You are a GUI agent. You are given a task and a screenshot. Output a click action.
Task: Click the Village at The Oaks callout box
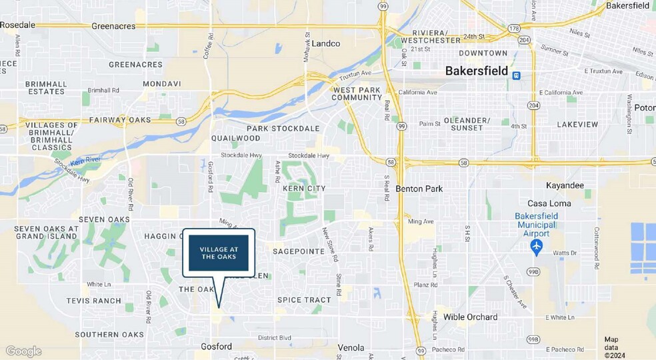click(x=219, y=253)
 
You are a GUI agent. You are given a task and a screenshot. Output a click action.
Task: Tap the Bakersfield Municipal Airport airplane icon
click(x=537, y=247)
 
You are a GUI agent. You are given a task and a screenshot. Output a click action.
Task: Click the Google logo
click(x=23, y=351)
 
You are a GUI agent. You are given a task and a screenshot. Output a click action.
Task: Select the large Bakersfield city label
click(x=476, y=71)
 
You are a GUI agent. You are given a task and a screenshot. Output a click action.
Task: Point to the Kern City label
click(x=303, y=189)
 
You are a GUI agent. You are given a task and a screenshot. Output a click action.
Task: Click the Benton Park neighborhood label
click(x=419, y=189)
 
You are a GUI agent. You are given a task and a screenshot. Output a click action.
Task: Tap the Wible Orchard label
click(x=470, y=317)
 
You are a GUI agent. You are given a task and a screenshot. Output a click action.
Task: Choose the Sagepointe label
click(x=298, y=251)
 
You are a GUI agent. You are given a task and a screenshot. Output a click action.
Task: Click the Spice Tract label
click(x=304, y=300)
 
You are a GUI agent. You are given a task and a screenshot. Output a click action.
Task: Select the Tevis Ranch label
click(x=93, y=301)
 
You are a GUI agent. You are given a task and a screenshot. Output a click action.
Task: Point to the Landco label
click(x=326, y=43)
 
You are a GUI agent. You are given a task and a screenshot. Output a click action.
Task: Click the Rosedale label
click(x=18, y=25)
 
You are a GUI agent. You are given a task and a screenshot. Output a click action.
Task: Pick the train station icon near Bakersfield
click(x=516, y=75)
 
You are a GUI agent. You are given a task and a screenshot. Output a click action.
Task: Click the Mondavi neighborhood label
click(x=161, y=85)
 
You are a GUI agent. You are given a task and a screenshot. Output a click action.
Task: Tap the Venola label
click(x=351, y=347)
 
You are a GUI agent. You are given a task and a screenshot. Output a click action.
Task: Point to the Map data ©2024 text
click(x=615, y=347)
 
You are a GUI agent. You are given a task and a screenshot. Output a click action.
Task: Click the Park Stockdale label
click(x=283, y=128)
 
